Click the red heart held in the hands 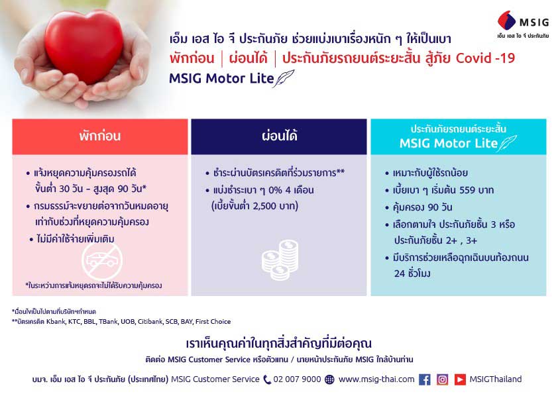tap(84, 46)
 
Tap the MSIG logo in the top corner tap(523, 25)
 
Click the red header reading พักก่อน tap(100, 136)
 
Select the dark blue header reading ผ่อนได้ tap(279, 136)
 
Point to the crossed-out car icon tap(102, 262)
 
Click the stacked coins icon tap(280, 260)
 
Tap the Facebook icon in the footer tap(425, 379)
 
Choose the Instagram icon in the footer tap(442, 379)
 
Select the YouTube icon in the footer tap(460, 379)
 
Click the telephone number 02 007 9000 tap(297, 379)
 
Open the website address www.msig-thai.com tap(376, 379)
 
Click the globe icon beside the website tap(330, 380)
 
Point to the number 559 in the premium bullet tap(467, 190)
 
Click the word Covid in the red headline tap(473, 58)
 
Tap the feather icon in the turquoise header tap(507, 143)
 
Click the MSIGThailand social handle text tap(495, 379)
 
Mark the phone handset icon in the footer tap(267, 380)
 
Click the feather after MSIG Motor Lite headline tap(284, 79)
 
